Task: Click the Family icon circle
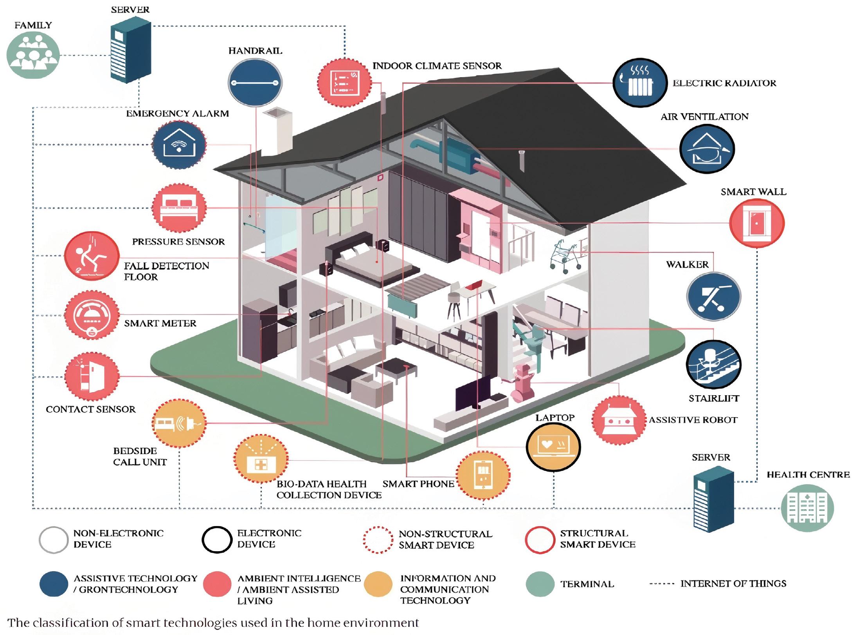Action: click(x=33, y=54)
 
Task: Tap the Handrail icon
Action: click(x=255, y=83)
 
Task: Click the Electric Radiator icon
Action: click(x=640, y=83)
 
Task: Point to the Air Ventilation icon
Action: click(x=707, y=149)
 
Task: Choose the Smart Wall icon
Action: click(x=757, y=223)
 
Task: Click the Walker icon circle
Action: click(x=714, y=296)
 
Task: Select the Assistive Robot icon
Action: click(x=619, y=420)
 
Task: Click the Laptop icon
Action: click(x=553, y=447)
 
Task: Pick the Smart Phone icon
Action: click(x=484, y=475)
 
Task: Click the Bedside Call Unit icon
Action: click(x=179, y=423)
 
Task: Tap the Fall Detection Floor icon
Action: click(x=92, y=256)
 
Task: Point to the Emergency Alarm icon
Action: click(x=179, y=144)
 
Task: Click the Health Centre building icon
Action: click(x=807, y=508)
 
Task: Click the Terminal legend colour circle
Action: click(x=540, y=583)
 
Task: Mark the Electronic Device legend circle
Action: click(x=217, y=539)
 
